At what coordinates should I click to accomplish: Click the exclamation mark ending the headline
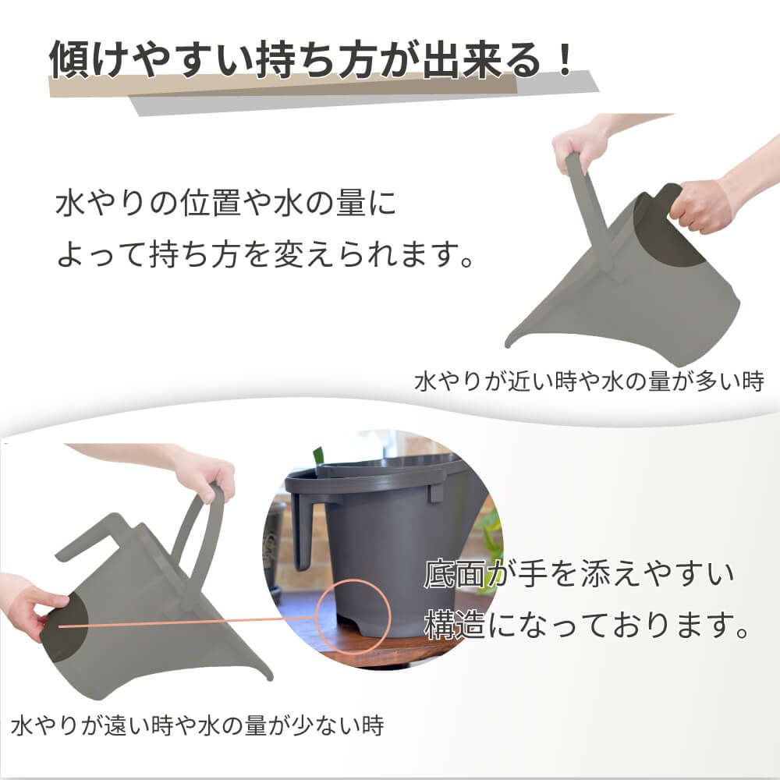click(x=566, y=61)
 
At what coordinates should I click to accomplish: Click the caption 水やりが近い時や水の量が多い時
click(x=589, y=382)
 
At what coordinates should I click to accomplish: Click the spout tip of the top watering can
click(x=509, y=344)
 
